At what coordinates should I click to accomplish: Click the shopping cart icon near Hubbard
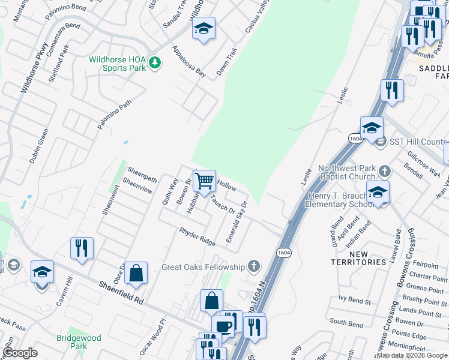pyautogui.click(x=205, y=180)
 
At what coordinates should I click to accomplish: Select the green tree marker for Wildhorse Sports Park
pyautogui.click(x=155, y=62)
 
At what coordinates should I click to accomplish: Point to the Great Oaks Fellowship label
pyautogui.click(x=203, y=267)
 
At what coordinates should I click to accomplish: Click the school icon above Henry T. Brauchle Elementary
pyautogui.click(x=378, y=193)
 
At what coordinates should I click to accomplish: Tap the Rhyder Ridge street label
pyautogui.click(x=197, y=236)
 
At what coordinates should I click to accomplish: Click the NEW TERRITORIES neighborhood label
pyautogui.click(x=359, y=258)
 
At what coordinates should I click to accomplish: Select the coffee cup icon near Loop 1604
pyautogui.click(x=223, y=326)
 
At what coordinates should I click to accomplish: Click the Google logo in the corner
pyautogui.click(x=20, y=353)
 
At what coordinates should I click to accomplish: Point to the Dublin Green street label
pyautogui.click(x=38, y=147)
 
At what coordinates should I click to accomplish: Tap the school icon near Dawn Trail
pyautogui.click(x=203, y=28)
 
